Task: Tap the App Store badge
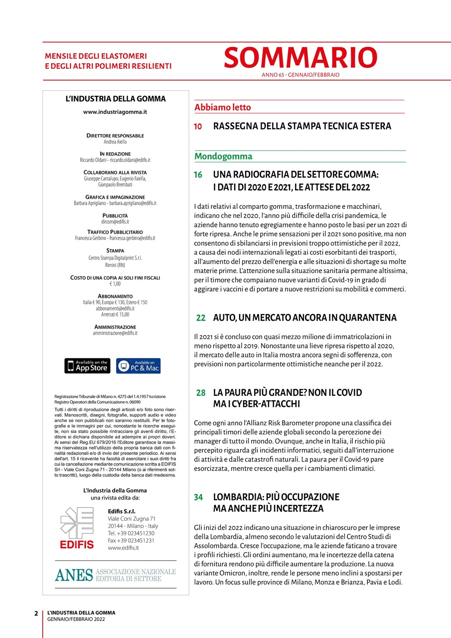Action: (x=87, y=365)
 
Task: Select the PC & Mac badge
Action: (x=138, y=365)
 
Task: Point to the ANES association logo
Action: (x=115, y=575)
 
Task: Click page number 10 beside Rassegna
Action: (x=198, y=127)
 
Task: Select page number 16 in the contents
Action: (x=198, y=175)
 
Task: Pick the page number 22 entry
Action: (x=200, y=318)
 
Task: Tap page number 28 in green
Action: (x=200, y=393)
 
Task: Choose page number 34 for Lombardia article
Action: (x=198, y=497)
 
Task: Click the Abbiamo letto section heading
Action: (x=223, y=108)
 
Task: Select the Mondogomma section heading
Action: (x=223, y=157)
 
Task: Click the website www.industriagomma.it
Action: (x=115, y=112)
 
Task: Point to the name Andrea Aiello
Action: (x=115, y=142)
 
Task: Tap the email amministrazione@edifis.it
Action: (x=115, y=333)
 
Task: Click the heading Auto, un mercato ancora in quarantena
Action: (x=304, y=318)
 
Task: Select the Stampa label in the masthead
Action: (x=115, y=251)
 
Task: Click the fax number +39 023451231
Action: (x=131, y=540)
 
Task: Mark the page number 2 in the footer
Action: (x=36, y=613)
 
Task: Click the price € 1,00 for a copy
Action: (x=115, y=284)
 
